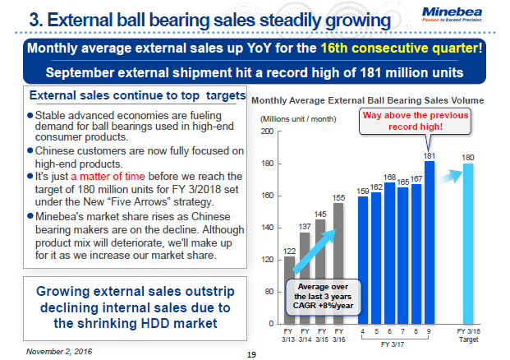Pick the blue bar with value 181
430,242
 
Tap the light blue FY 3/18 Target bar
469,243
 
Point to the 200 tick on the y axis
267,132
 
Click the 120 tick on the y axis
267,260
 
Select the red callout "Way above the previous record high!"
416,121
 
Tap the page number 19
252,354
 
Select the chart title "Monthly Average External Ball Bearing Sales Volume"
367,100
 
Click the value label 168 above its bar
390,177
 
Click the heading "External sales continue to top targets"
136,95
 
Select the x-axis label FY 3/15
323,338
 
